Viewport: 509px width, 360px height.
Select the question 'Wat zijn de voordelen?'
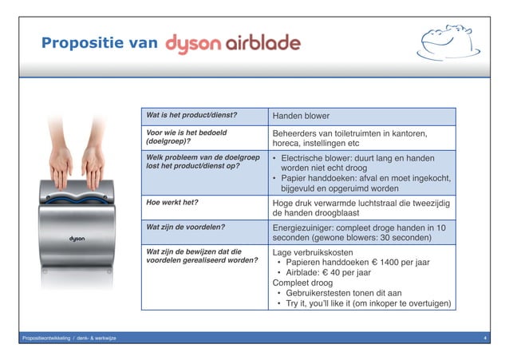184,227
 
